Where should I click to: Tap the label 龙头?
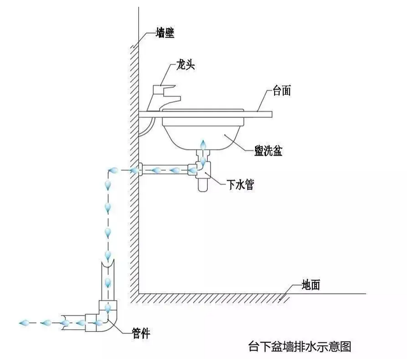click(186, 66)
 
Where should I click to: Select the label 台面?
click(282, 91)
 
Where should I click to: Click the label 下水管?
click(241, 186)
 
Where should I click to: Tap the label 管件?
click(140, 332)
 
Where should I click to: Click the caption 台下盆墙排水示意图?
click(299, 347)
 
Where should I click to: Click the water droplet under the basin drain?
click(203, 151)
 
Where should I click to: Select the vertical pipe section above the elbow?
click(108, 280)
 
